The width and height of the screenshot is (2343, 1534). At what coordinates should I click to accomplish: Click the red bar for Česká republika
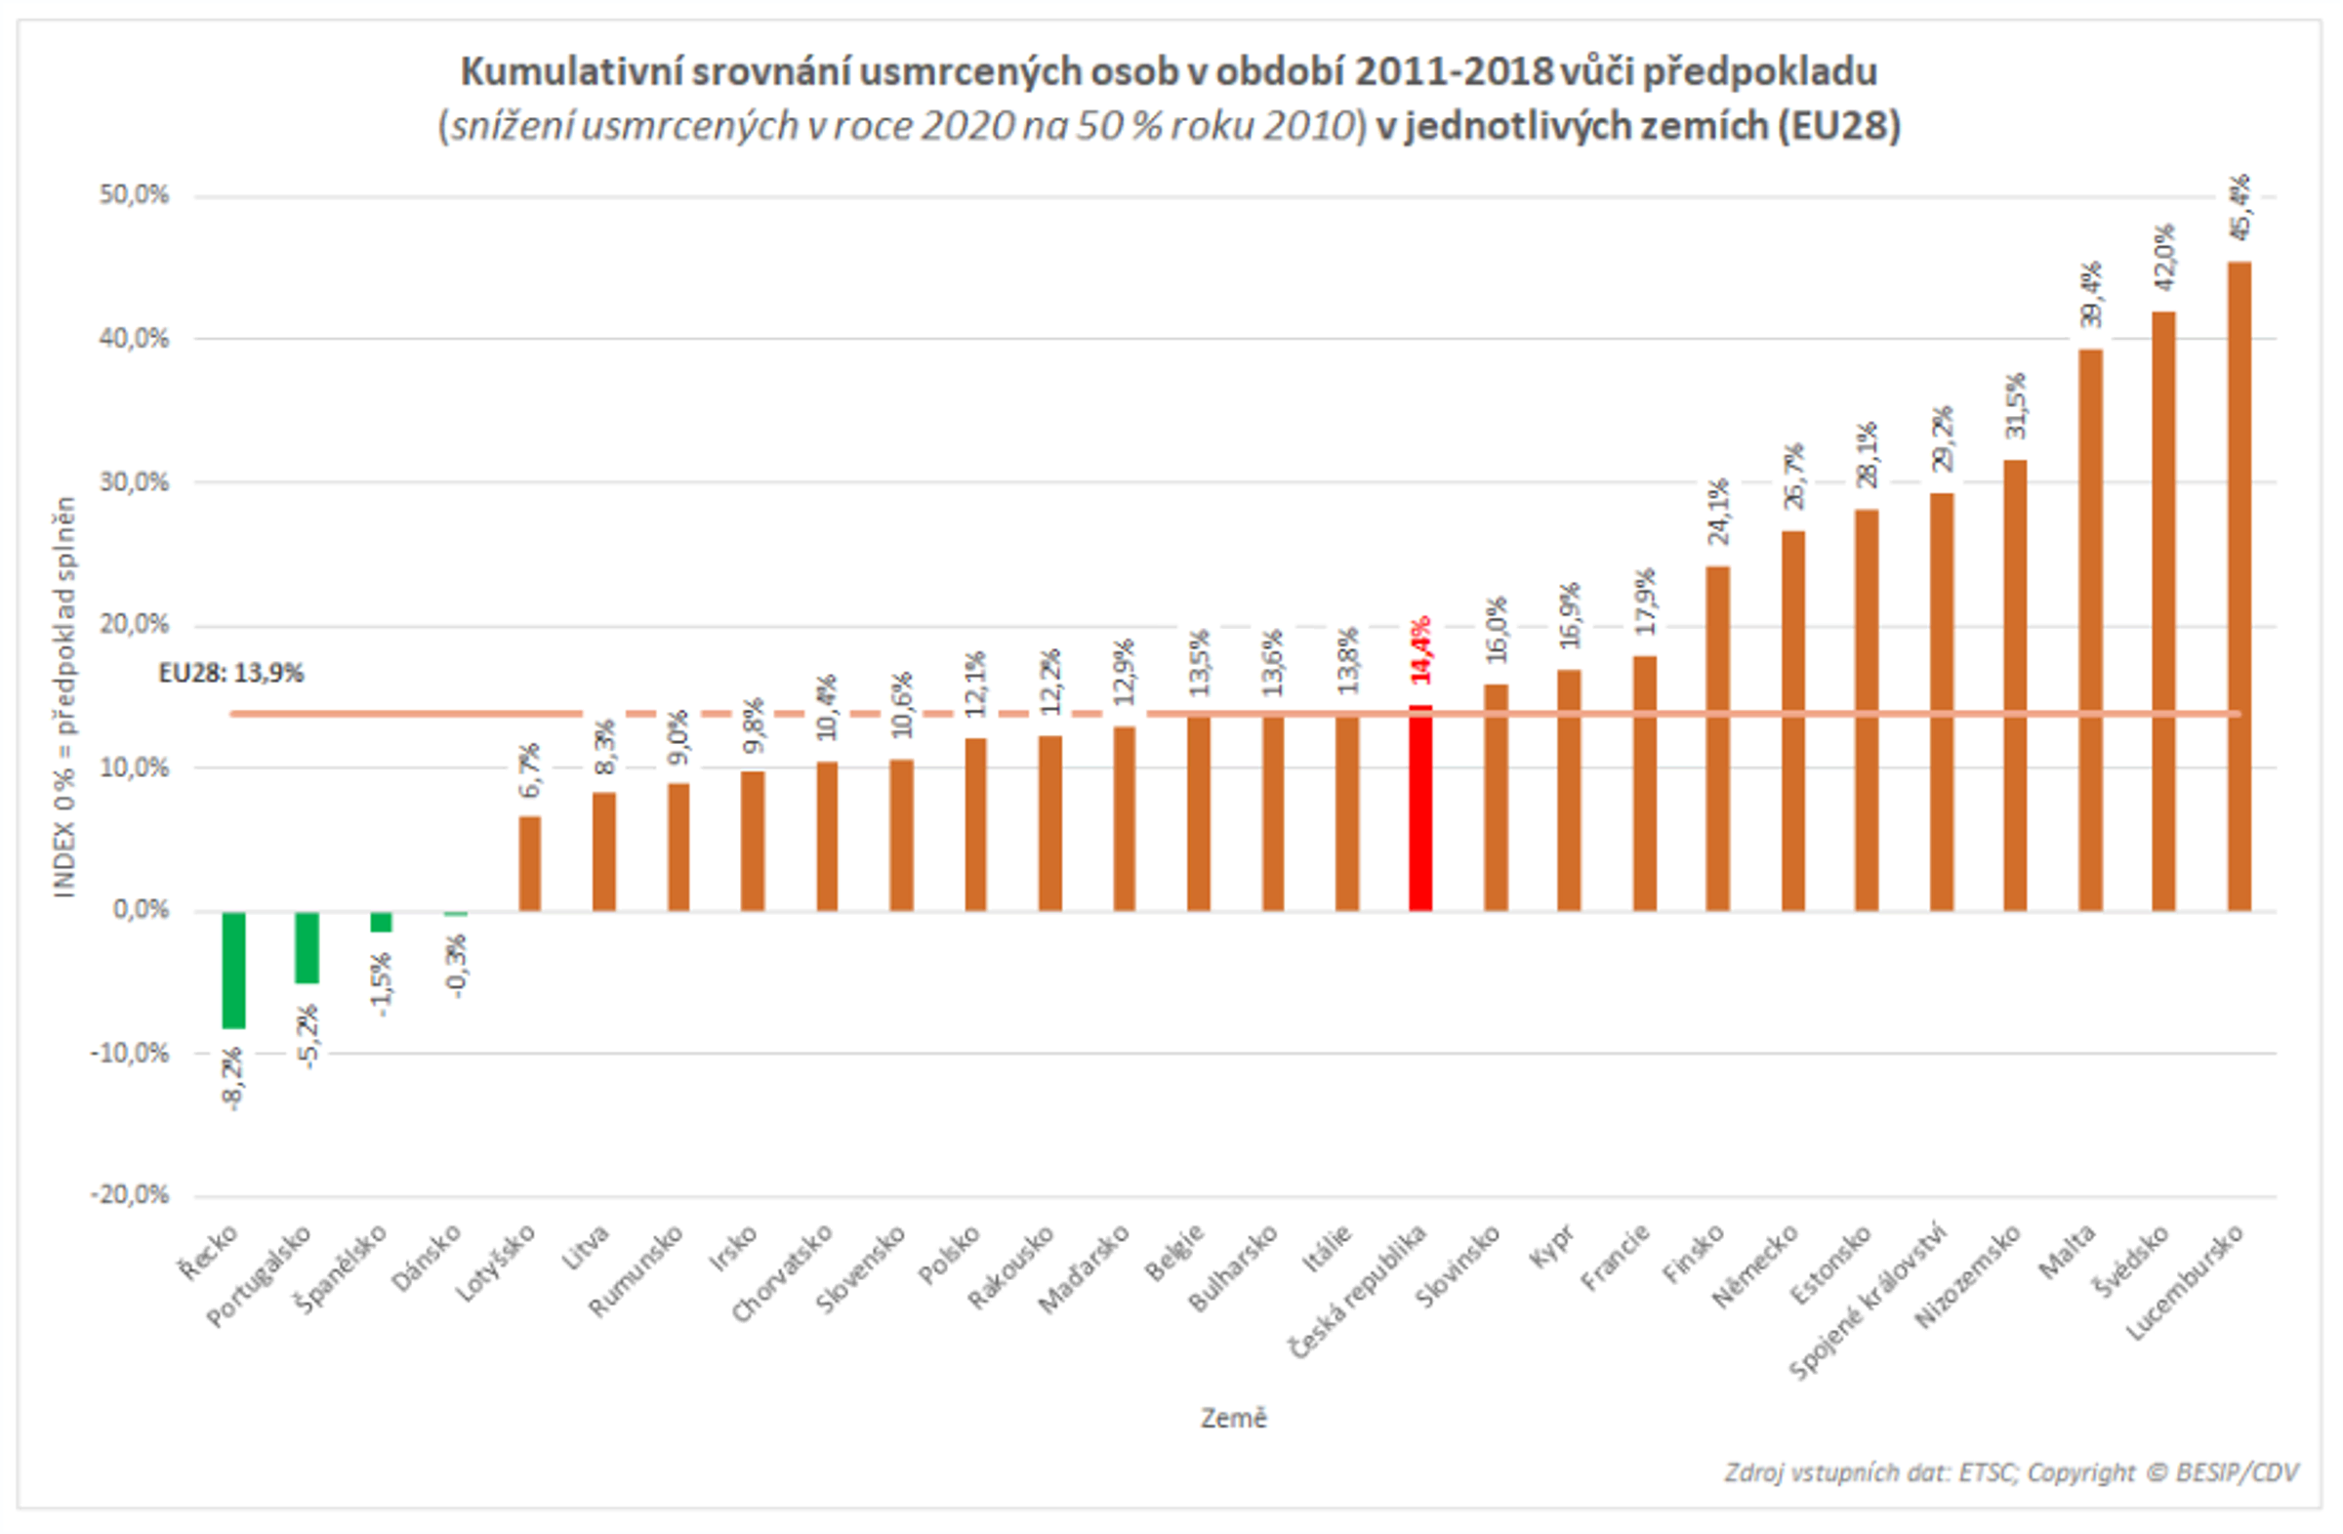point(1420,808)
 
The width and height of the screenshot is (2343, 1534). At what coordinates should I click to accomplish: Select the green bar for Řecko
point(233,969)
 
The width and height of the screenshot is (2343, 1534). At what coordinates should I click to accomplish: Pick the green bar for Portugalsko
point(308,946)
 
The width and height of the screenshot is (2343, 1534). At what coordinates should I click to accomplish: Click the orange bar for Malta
point(2090,630)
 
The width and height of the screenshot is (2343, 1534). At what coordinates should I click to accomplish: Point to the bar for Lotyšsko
point(530,862)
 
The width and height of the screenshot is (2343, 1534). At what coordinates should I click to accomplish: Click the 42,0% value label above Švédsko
point(2163,258)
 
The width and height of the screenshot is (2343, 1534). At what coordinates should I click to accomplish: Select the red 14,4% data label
point(1420,650)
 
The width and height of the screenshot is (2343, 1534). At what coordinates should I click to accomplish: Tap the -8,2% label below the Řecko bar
point(233,1079)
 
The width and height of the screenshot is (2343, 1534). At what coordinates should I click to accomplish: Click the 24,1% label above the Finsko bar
point(1718,512)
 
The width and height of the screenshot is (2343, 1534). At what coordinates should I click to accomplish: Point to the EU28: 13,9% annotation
point(231,674)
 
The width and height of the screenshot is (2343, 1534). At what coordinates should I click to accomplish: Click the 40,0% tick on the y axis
point(134,339)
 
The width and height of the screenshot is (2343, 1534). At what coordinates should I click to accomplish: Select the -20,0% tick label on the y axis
point(130,1195)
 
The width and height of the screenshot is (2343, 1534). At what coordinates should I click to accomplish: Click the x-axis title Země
point(1233,1418)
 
